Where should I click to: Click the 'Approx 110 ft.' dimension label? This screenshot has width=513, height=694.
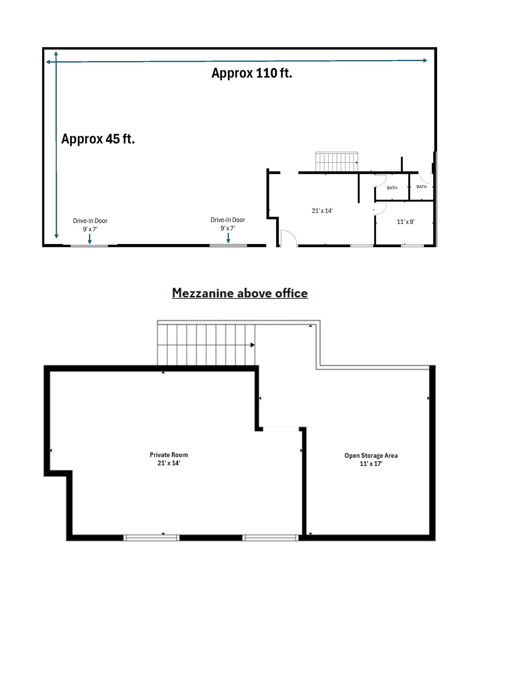[251, 73]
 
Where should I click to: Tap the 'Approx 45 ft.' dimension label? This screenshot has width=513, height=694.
[98, 139]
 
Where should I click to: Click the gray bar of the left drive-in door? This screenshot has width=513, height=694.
[89, 246]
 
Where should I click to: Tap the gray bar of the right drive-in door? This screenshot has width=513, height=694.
[228, 245]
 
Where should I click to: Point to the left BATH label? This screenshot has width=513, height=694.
[392, 188]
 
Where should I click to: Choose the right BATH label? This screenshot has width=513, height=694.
[422, 187]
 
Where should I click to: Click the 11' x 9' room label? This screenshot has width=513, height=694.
[406, 222]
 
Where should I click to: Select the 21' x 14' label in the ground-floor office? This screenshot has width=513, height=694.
[322, 211]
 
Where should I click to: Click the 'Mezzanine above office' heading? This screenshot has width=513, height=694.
[240, 293]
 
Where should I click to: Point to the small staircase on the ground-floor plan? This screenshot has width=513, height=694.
[336, 162]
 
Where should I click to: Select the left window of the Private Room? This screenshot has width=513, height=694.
[151, 537]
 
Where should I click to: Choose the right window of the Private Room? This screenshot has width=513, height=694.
[270, 537]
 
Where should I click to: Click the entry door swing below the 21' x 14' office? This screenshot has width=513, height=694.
[288, 238]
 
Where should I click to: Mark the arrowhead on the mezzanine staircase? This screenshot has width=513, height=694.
[252, 345]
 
